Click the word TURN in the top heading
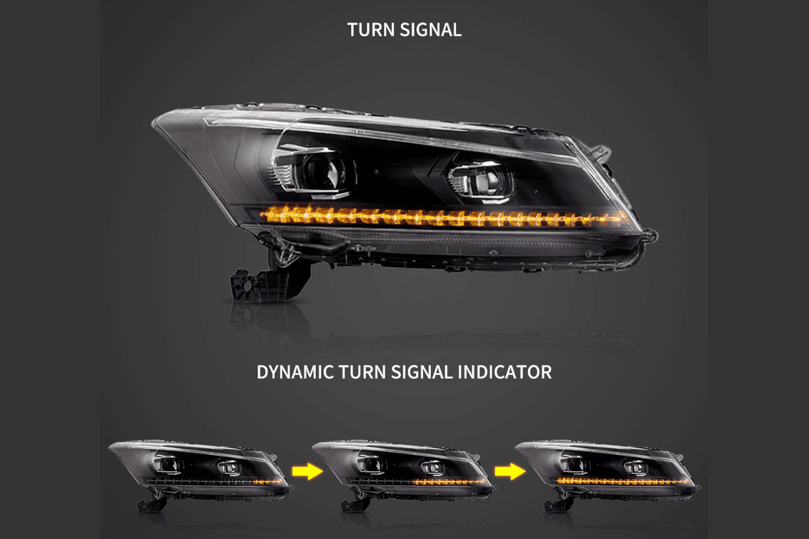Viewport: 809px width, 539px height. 369,30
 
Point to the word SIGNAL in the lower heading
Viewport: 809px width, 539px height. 421,372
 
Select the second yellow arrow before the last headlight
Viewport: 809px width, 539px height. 510,472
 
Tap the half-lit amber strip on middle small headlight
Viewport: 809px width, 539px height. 453,480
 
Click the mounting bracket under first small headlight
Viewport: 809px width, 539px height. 149,504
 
